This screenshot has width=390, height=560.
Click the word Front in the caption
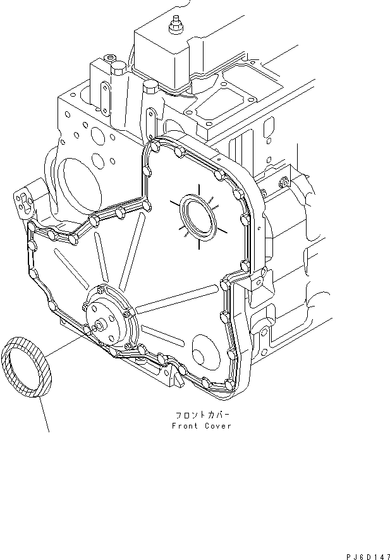coord(185,426)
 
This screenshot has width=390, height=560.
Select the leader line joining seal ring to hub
coord(66,344)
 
